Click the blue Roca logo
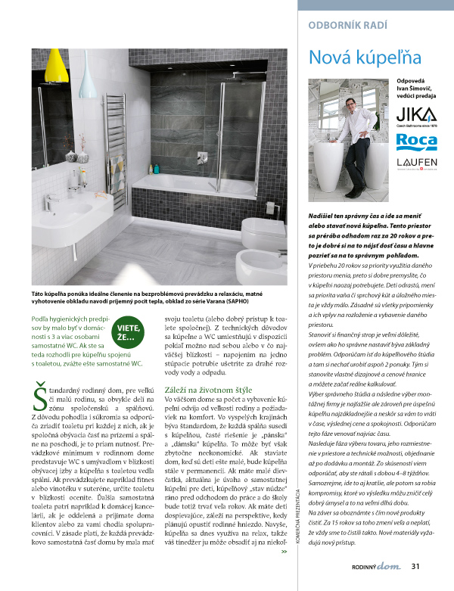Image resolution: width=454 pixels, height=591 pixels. (417, 141)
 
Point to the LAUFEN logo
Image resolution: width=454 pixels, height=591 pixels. (417, 164)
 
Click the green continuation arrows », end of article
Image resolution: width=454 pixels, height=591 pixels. (284, 573)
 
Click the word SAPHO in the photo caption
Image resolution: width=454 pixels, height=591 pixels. (246, 300)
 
